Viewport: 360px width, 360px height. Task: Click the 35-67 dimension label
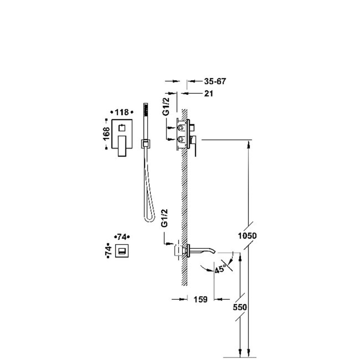click(215, 81)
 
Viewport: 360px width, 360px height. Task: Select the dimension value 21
click(208, 94)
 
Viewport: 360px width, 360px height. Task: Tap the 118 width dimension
click(121, 112)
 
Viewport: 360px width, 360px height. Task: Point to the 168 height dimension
click(106, 134)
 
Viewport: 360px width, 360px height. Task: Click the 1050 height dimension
click(247, 235)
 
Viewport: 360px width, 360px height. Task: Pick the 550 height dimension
click(240, 307)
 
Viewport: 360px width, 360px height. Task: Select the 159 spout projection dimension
click(200, 299)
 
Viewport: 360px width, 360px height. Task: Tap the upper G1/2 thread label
click(166, 106)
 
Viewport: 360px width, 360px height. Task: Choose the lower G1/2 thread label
click(165, 218)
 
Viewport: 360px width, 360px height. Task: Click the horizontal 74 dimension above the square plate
click(121, 237)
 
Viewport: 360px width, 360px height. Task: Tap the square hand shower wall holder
click(145, 144)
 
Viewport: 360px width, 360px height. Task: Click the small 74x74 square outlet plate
click(121, 251)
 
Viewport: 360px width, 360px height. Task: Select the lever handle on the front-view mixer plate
click(122, 146)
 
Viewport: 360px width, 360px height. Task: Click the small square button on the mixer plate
click(122, 128)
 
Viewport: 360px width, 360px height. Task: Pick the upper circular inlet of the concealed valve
click(181, 128)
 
